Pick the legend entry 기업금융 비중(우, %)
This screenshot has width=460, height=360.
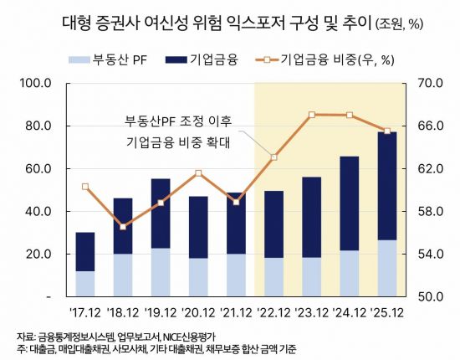coord(335,59)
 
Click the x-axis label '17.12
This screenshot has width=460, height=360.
coord(84,313)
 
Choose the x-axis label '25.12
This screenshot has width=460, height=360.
coord(387,313)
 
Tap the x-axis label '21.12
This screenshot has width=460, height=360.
coord(235,313)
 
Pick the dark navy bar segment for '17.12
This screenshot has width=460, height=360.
coord(84,251)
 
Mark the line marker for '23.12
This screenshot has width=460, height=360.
coord(311,114)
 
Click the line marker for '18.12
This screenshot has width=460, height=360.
coord(123,227)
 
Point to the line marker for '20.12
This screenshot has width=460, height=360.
coord(198,173)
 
